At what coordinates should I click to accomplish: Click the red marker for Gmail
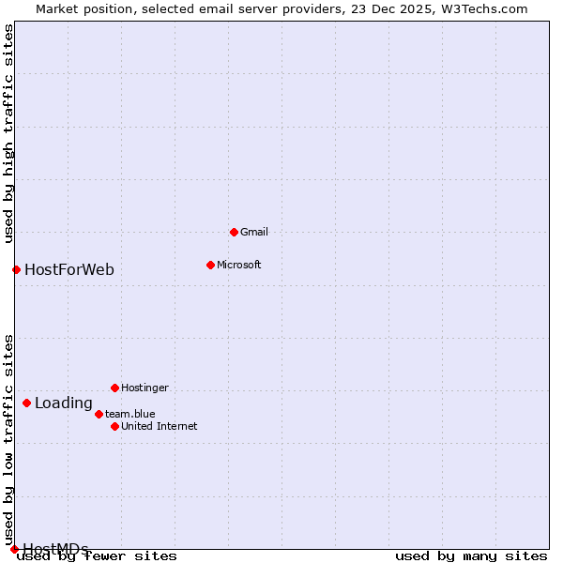click(x=234, y=232)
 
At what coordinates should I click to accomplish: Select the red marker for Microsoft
click(x=210, y=265)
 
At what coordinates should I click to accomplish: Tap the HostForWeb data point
click(x=16, y=269)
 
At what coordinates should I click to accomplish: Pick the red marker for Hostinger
click(x=114, y=388)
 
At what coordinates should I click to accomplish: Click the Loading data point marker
click(x=26, y=403)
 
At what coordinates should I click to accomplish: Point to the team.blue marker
click(x=99, y=414)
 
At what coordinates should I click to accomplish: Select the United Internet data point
click(x=114, y=426)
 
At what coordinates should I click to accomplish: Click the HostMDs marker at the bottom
click(x=14, y=549)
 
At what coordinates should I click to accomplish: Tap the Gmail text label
click(x=254, y=232)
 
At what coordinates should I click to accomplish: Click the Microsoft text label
click(x=238, y=265)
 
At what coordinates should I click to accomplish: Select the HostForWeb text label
click(x=69, y=270)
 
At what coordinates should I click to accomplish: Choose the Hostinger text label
click(x=145, y=388)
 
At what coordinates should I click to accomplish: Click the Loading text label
click(x=64, y=403)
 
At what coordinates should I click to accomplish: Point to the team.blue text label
click(x=130, y=414)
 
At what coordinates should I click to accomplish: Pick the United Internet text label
click(x=159, y=426)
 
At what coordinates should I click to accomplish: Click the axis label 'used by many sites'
click(x=471, y=555)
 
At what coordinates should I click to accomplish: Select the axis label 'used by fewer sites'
click(x=98, y=555)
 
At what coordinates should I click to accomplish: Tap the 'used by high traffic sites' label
click(x=9, y=133)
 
